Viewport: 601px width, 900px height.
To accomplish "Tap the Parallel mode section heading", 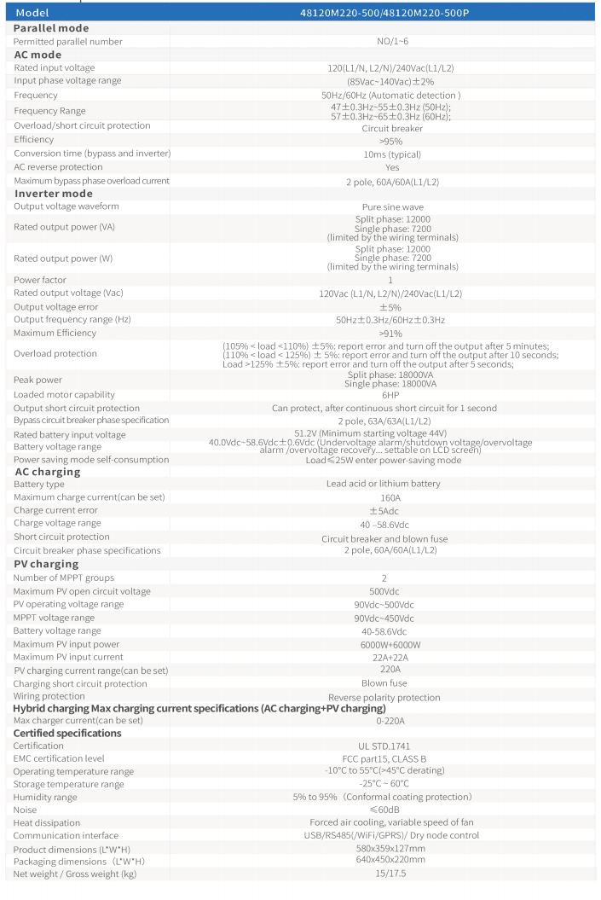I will coord(51,28).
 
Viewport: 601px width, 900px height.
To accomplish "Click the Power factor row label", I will coord(40,280).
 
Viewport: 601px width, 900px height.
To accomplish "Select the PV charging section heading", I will coord(46,564).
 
